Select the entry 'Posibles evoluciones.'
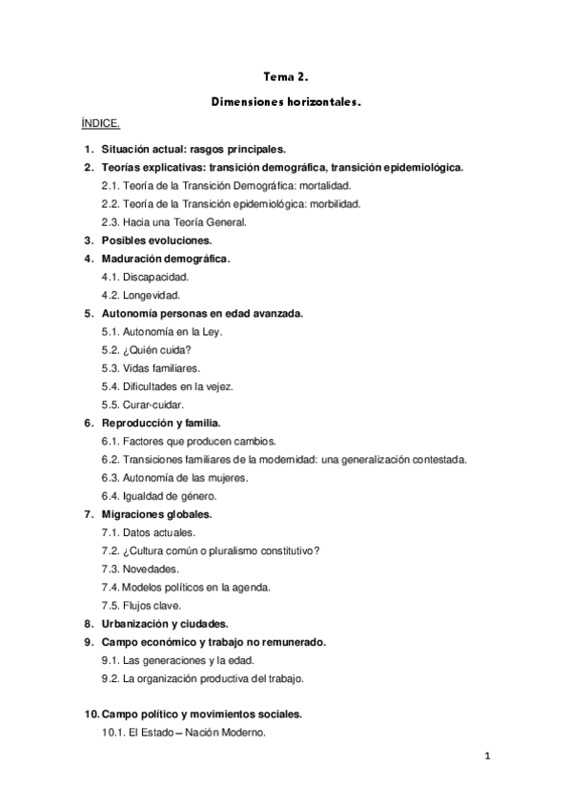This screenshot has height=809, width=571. click(156, 240)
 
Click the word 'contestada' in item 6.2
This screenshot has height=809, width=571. click(438, 459)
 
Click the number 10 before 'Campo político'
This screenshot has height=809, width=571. click(90, 714)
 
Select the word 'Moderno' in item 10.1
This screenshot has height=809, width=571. click(242, 733)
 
